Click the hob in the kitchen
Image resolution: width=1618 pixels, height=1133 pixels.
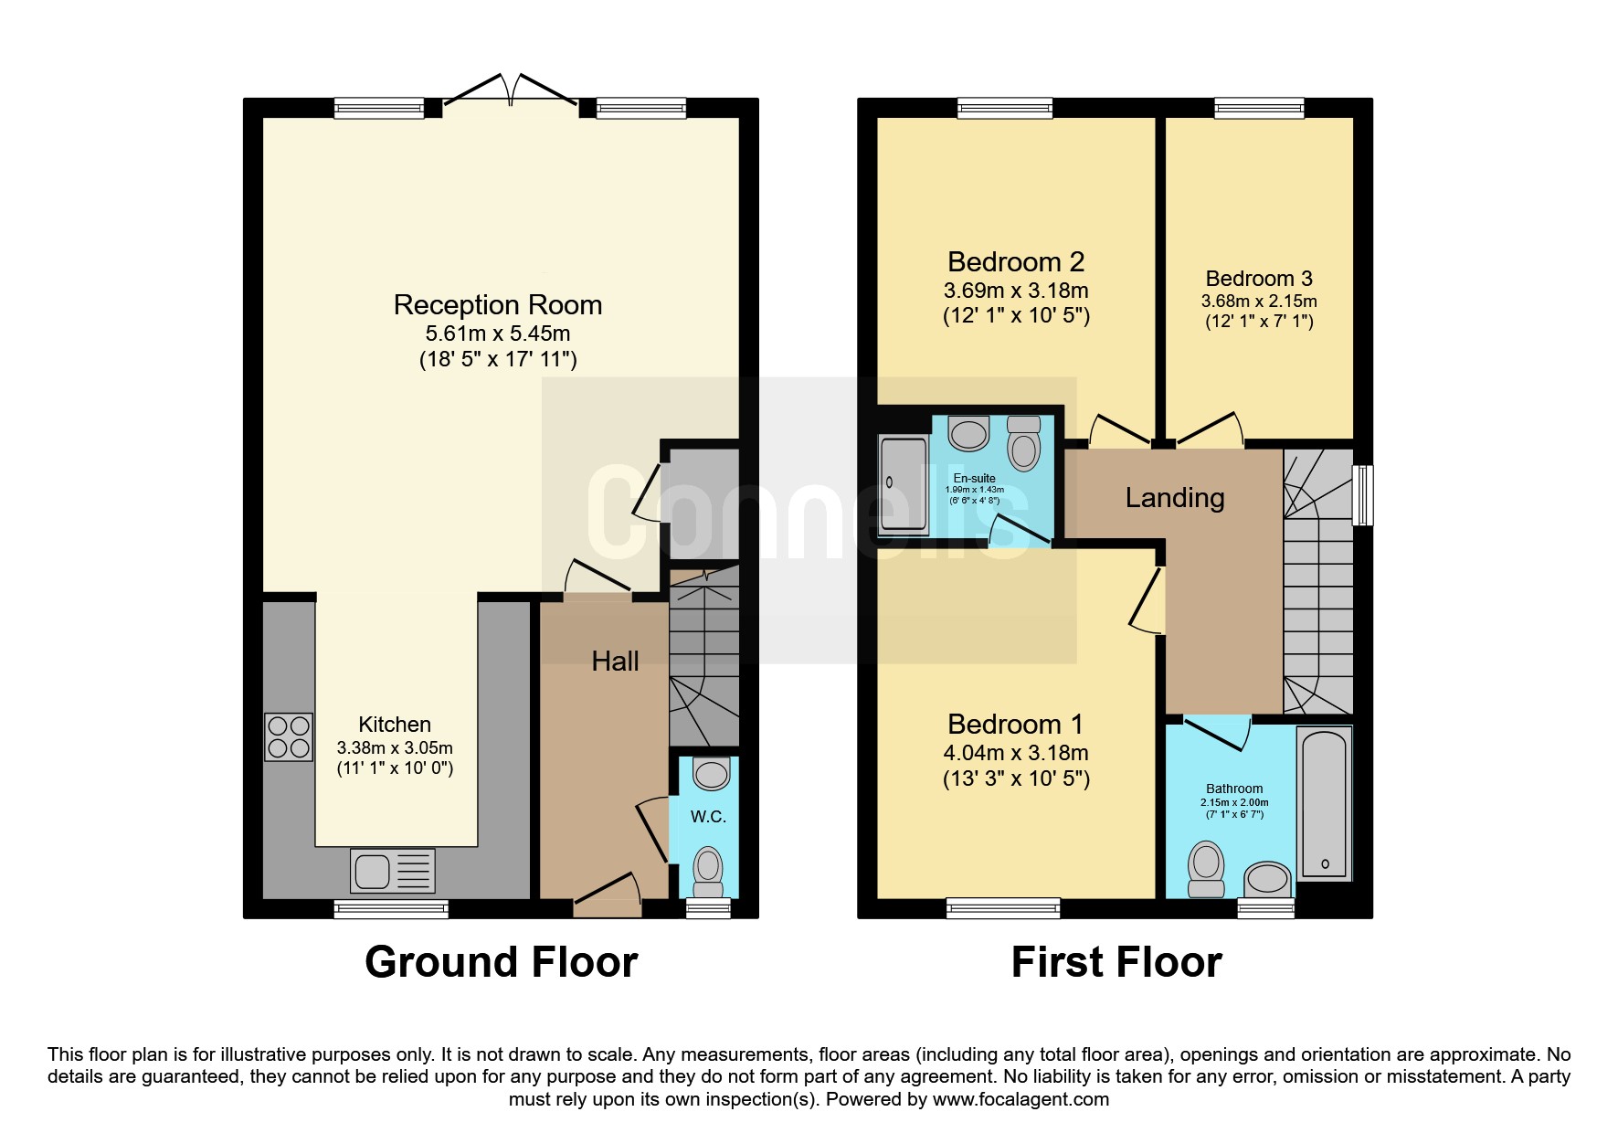click(x=288, y=737)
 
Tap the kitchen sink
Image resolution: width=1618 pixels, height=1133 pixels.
click(x=393, y=871)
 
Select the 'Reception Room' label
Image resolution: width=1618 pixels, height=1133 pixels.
click(x=498, y=304)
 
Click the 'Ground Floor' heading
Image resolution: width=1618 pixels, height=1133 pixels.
click(x=501, y=962)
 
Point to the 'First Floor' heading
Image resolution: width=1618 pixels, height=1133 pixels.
click(x=1116, y=962)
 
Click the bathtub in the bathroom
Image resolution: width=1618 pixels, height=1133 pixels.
click(x=1324, y=804)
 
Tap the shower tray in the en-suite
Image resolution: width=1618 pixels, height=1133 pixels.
click(x=904, y=485)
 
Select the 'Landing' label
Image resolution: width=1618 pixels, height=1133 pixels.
click(x=1175, y=498)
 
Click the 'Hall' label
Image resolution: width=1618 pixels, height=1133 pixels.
click(x=615, y=662)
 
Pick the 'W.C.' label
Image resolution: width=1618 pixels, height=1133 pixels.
click(x=708, y=817)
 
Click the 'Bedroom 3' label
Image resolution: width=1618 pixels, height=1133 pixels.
click(x=1259, y=279)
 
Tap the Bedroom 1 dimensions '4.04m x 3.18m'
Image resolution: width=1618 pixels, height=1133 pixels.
click(x=1016, y=753)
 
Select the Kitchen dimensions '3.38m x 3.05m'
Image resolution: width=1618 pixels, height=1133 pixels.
click(x=395, y=747)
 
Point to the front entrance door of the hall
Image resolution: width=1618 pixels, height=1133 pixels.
click(x=608, y=895)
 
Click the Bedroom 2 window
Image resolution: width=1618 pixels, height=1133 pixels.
click(x=1005, y=109)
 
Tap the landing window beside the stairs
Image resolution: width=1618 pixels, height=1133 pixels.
click(x=1362, y=495)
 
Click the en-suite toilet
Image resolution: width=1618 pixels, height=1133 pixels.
click(x=1024, y=444)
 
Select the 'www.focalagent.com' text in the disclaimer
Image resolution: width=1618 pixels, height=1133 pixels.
click(x=1021, y=1099)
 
